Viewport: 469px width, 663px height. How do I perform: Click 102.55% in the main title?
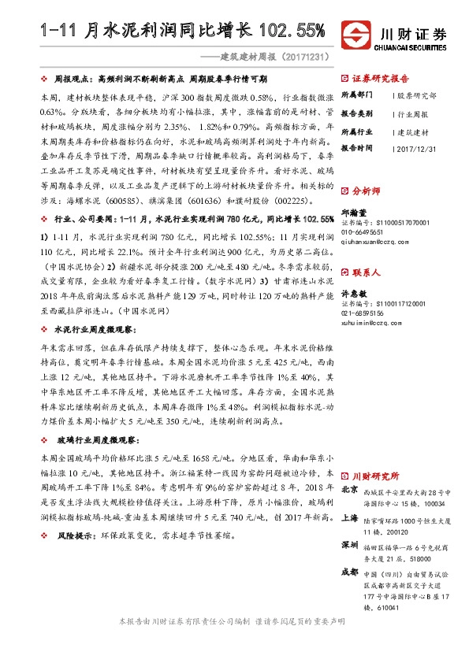[287, 31]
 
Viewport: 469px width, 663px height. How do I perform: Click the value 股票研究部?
[416, 95]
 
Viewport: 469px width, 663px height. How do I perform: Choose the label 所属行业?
[356, 130]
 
